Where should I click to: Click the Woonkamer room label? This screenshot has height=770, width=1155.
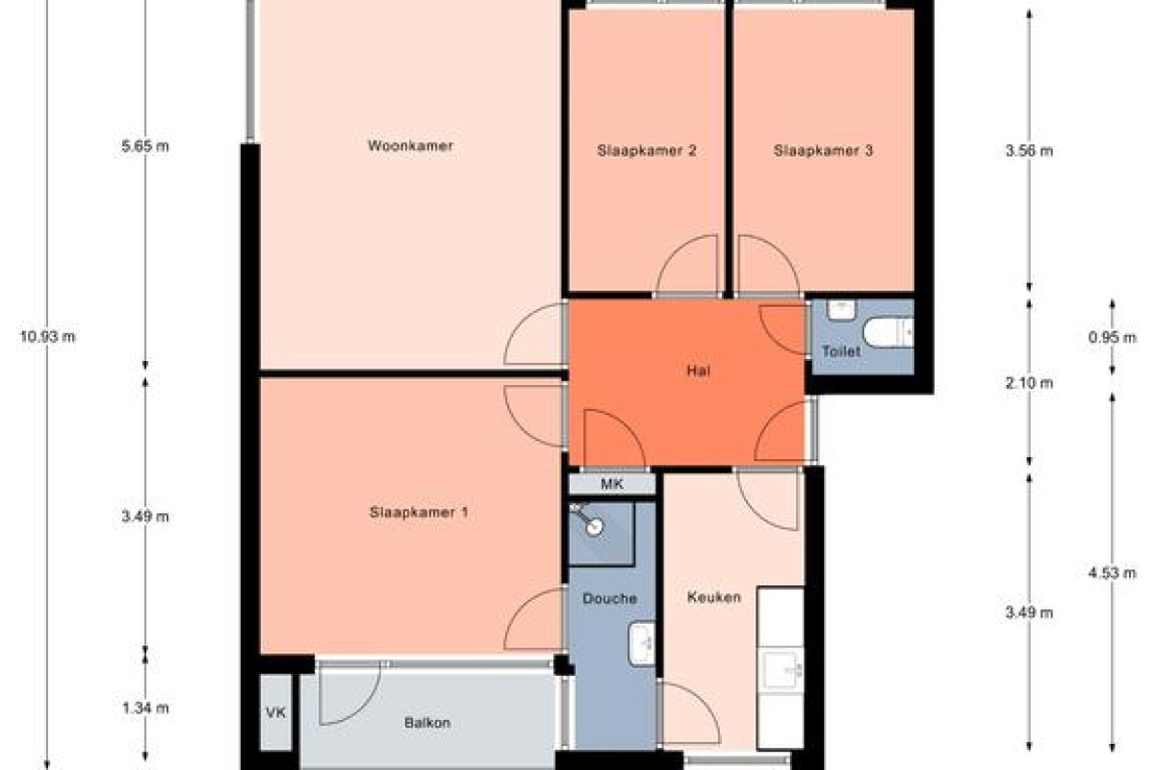pyautogui.click(x=410, y=145)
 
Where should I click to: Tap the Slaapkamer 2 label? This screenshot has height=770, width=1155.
pyautogui.click(x=647, y=150)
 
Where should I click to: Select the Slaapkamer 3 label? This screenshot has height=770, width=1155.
pyautogui.click(x=823, y=150)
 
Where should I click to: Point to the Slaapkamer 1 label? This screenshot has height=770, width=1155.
pyautogui.click(x=419, y=512)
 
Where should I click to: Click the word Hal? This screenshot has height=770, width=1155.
pyautogui.click(x=699, y=371)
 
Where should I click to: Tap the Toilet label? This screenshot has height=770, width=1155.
pyautogui.click(x=841, y=351)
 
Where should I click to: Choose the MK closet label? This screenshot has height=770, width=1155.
pyautogui.click(x=612, y=484)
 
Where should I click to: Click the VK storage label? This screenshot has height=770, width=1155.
pyautogui.click(x=276, y=713)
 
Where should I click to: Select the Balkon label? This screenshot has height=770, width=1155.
pyautogui.click(x=427, y=723)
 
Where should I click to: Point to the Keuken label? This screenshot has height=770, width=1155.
pyautogui.click(x=714, y=597)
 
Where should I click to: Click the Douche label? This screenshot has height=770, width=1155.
pyautogui.click(x=610, y=599)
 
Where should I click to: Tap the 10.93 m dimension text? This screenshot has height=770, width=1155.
pyautogui.click(x=47, y=337)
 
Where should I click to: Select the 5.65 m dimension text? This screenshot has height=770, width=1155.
pyautogui.click(x=145, y=146)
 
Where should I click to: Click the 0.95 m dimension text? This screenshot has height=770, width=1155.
pyautogui.click(x=1113, y=337)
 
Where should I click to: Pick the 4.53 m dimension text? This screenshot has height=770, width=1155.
pyautogui.click(x=1113, y=573)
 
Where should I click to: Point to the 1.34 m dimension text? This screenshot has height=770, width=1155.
pyautogui.click(x=145, y=708)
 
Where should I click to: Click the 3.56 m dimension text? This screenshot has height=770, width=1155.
pyautogui.click(x=1029, y=150)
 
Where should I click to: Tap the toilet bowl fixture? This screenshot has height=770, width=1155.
pyautogui.click(x=888, y=333)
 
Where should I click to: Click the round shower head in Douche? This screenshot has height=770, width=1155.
pyautogui.click(x=595, y=526)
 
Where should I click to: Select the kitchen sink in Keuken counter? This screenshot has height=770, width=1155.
pyautogui.click(x=783, y=670)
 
